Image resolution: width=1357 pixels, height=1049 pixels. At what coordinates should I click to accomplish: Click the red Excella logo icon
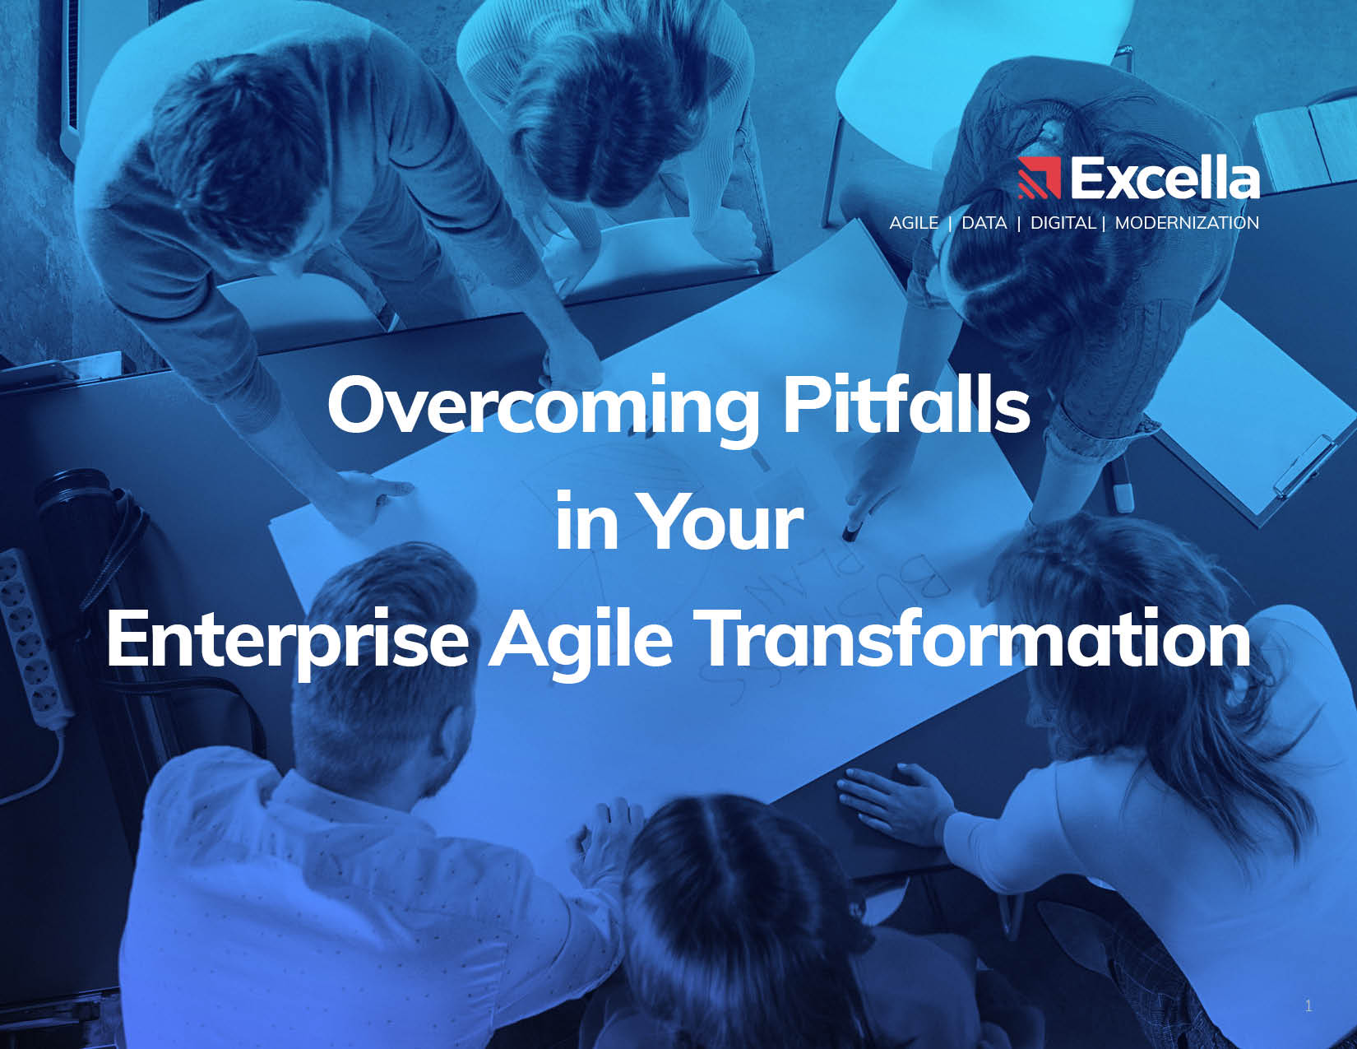(x=1040, y=178)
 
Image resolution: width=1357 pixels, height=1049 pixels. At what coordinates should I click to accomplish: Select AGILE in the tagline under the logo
(x=914, y=223)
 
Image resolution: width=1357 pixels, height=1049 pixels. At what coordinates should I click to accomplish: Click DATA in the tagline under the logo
(x=984, y=223)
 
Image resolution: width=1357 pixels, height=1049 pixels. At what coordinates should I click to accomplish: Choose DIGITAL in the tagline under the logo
(x=1063, y=223)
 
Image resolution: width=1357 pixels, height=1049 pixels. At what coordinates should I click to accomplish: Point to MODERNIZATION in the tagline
(x=1187, y=223)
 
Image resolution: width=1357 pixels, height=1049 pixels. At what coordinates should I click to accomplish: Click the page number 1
(x=1308, y=1006)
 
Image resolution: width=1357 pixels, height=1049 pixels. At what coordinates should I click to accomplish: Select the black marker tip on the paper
(x=850, y=533)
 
